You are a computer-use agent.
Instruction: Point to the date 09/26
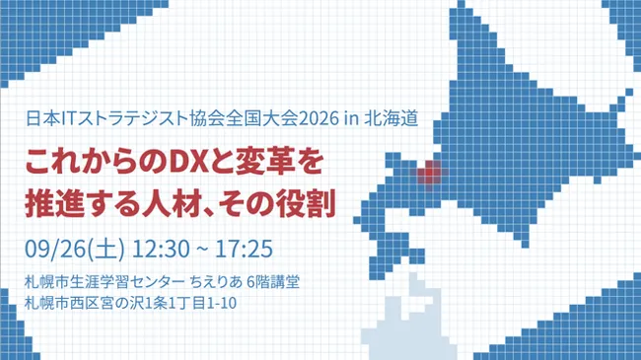point(56,250)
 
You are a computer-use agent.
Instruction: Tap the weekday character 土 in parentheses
point(107,250)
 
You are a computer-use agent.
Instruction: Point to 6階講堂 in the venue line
point(273,282)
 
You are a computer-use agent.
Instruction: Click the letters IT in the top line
point(69,118)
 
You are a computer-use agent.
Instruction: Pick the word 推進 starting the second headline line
point(48,203)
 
